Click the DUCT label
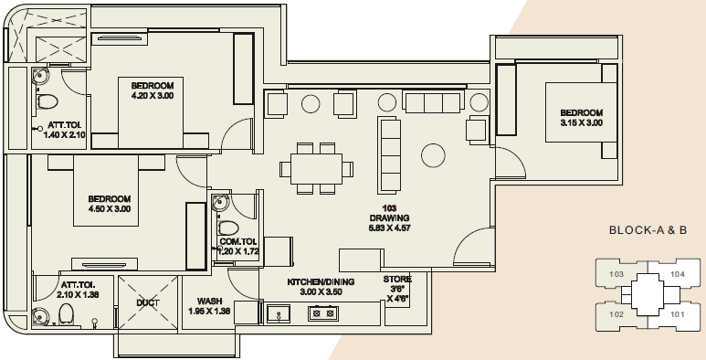[148, 302]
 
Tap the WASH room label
[209, 301]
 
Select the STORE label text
[397, 280]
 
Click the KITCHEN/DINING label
[321, 282]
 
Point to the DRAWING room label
[389, 218]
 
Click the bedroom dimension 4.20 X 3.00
[153, 96]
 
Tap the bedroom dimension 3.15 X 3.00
[581, 123]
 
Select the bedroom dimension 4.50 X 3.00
[110, 209]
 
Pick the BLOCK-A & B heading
[648, 230]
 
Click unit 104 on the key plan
[677, 274]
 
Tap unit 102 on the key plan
[616, 314]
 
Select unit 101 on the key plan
[677, 314]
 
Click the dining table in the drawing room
[316, 169]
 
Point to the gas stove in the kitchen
[323, 313]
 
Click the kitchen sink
[279, 313]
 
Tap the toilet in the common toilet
[228, 228]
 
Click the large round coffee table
[433, 155]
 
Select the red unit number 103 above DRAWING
[389, 208]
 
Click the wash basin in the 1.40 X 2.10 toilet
[39, 75]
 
